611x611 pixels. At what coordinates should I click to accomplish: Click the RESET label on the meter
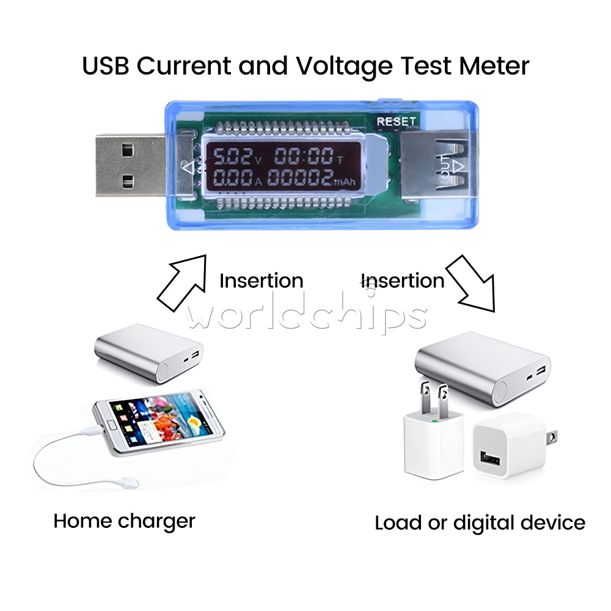tap(396, 122)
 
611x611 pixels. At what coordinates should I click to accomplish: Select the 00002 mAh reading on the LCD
tap(301, 177)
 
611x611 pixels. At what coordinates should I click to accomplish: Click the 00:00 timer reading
tap(304, 156)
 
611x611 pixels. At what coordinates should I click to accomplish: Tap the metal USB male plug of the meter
tap(131, 165)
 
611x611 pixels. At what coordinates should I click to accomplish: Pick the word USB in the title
tap(105, 65)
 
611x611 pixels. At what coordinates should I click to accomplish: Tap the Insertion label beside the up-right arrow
tap(261, 280)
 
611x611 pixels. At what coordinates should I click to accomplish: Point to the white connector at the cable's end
tap(130, 483)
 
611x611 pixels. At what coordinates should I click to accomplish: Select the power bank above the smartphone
tap(148, 353)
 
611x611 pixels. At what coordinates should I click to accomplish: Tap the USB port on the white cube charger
tap(490, 458)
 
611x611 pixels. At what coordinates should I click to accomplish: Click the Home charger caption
tap(124, 521)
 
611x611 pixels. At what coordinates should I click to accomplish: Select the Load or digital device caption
tap(480, 523)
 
